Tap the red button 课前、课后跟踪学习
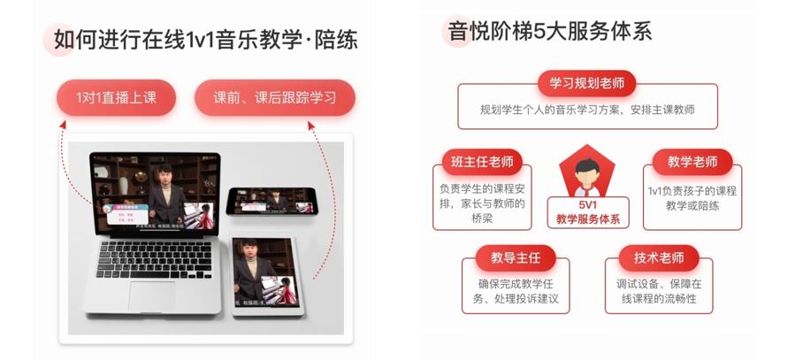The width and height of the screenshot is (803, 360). [274, 98]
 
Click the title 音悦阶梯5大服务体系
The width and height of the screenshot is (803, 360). [549, 33]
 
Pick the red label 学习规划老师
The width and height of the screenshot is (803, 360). [587, 84]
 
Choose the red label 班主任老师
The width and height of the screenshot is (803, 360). [481, 162]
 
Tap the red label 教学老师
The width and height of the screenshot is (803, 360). [692, 162]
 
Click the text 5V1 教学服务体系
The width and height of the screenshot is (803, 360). [588, 211]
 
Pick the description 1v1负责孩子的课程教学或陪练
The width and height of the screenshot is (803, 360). [692, 198]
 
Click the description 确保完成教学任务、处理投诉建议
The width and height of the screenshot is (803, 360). [516, 292]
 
